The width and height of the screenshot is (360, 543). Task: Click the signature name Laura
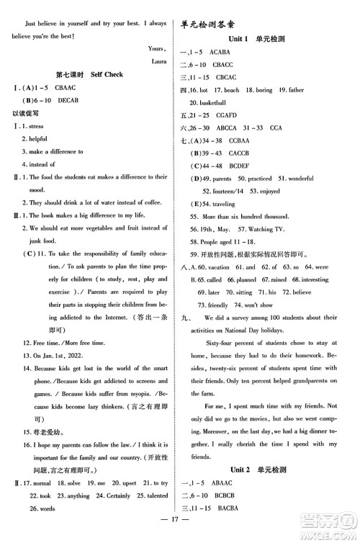tap(159, 62)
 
